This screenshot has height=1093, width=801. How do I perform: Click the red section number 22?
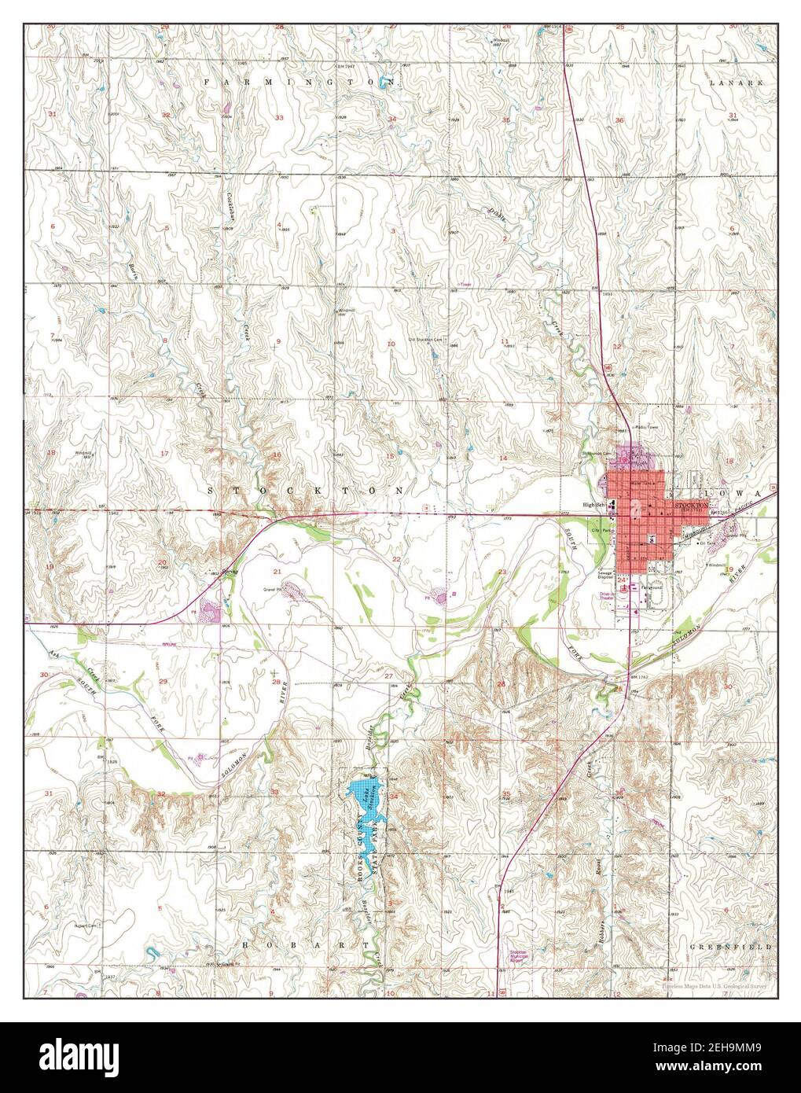[396, 558]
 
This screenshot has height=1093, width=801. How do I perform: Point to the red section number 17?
[164, 454]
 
